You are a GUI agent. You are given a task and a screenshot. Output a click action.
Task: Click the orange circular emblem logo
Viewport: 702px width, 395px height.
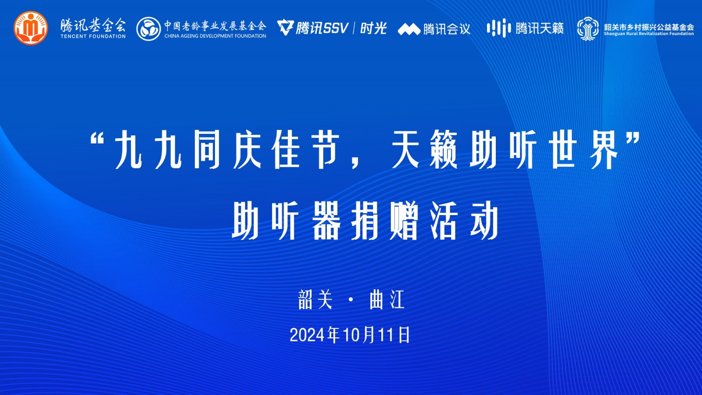tap(31, 28)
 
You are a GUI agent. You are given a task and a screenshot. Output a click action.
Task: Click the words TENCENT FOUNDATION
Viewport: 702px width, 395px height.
tap(93, 36)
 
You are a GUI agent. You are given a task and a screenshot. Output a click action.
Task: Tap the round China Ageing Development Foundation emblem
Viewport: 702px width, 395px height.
tap(149, 29)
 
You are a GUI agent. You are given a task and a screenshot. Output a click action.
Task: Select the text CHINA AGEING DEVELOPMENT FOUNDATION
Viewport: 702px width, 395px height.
tap(215, 36)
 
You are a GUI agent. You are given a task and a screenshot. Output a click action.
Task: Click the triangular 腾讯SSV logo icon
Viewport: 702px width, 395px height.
tap(286, 28)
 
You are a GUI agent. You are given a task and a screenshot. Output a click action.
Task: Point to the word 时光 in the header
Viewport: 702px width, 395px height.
tap(373, 28)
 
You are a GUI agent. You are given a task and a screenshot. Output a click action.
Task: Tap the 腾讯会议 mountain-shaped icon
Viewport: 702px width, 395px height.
tap(409, 29)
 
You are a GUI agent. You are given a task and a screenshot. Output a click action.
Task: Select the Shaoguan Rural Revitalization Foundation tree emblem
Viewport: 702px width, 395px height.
tap(587, 29)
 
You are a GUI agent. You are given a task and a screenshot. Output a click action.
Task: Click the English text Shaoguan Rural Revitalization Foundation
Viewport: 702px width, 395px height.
tap(649, 34)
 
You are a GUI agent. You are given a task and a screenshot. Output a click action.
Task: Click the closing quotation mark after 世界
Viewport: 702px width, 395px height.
tap(632, 138)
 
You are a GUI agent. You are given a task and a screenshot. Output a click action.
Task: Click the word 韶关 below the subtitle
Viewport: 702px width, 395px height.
tap(315, 299)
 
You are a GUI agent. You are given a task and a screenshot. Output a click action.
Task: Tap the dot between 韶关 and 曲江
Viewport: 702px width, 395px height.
tap(351, 300)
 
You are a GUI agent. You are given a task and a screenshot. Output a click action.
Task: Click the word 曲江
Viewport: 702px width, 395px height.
tap(387, 299)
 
